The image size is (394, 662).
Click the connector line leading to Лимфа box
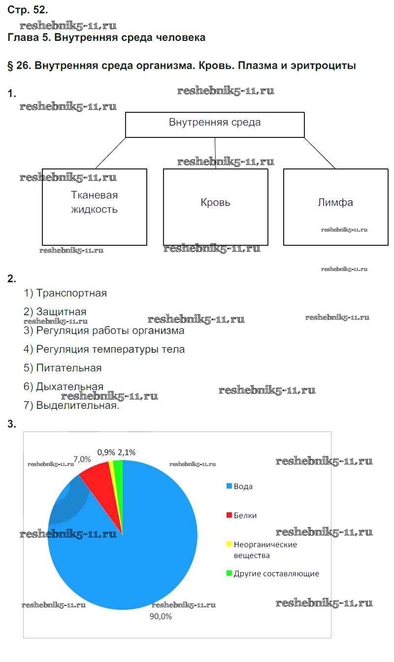click(x=320, y=153)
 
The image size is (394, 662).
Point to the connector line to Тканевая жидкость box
click(x=110, y=153)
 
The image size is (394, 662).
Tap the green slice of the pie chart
click(x=119, y=473)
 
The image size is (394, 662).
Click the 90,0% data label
click(x=161, y=616)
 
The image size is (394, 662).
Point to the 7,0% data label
click(x=82, y=459)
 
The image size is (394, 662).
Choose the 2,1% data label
click(x=127, y=453)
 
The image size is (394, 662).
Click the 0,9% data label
click(x=106, y=453)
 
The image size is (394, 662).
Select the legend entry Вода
click(x=239, y=487)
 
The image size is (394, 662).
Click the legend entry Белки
click(x=241, y=515)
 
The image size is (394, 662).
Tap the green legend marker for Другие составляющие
click(x=229, y=573)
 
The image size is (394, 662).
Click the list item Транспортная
click(x=65, y=293)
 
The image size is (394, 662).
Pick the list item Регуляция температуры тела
click(x=104, y=349)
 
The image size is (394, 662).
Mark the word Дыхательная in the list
click(x=70, y=386)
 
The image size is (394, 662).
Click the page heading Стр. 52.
click(x=28, y=10)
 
